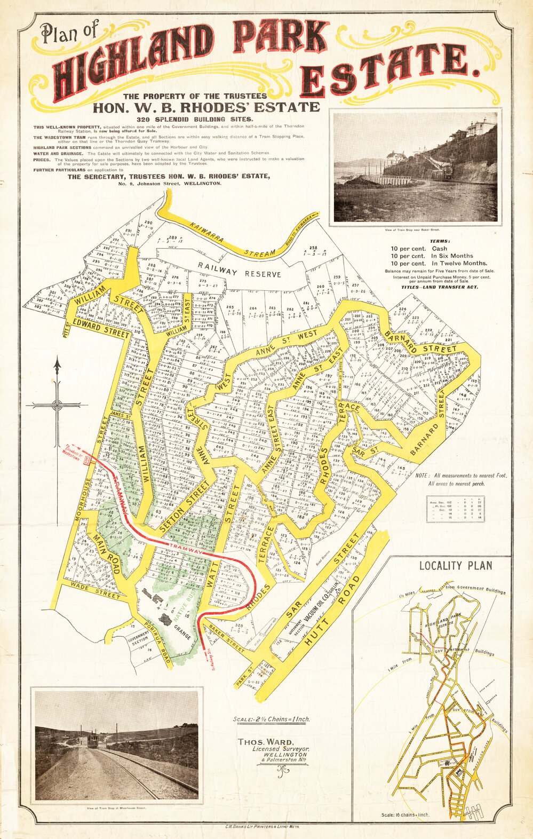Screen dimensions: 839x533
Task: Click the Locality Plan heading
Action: click(455, 566)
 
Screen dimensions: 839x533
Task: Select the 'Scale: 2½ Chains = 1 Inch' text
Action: click(271, 719)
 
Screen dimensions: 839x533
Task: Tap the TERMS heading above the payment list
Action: click(440, 241)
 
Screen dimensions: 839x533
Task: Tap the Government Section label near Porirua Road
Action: click(137, 640)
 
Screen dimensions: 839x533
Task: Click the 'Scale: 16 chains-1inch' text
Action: click(405, 815)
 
